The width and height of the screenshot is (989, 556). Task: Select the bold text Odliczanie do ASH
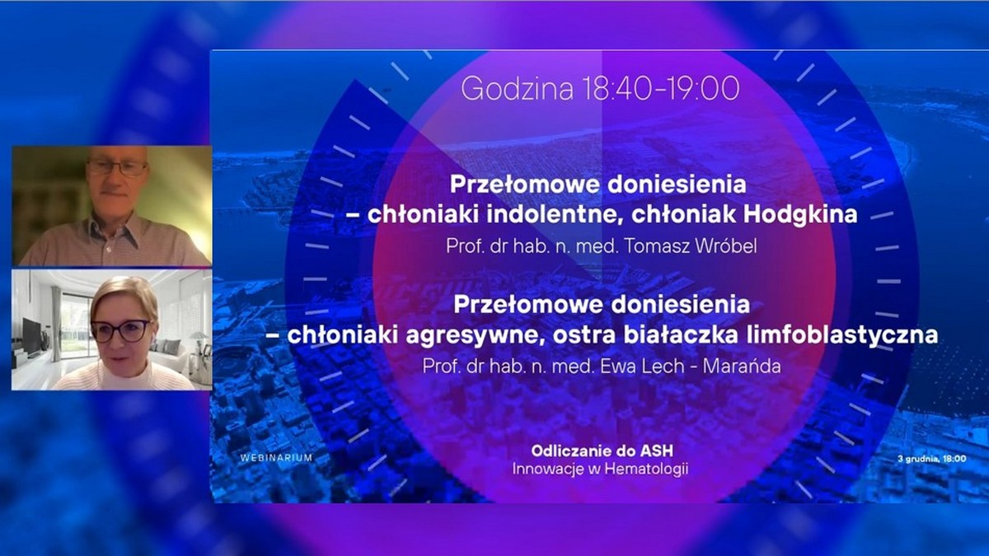pyautogui.click(x=598, y=452)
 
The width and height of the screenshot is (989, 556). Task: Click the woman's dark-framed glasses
pyautogui.click(x=121, y=331)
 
